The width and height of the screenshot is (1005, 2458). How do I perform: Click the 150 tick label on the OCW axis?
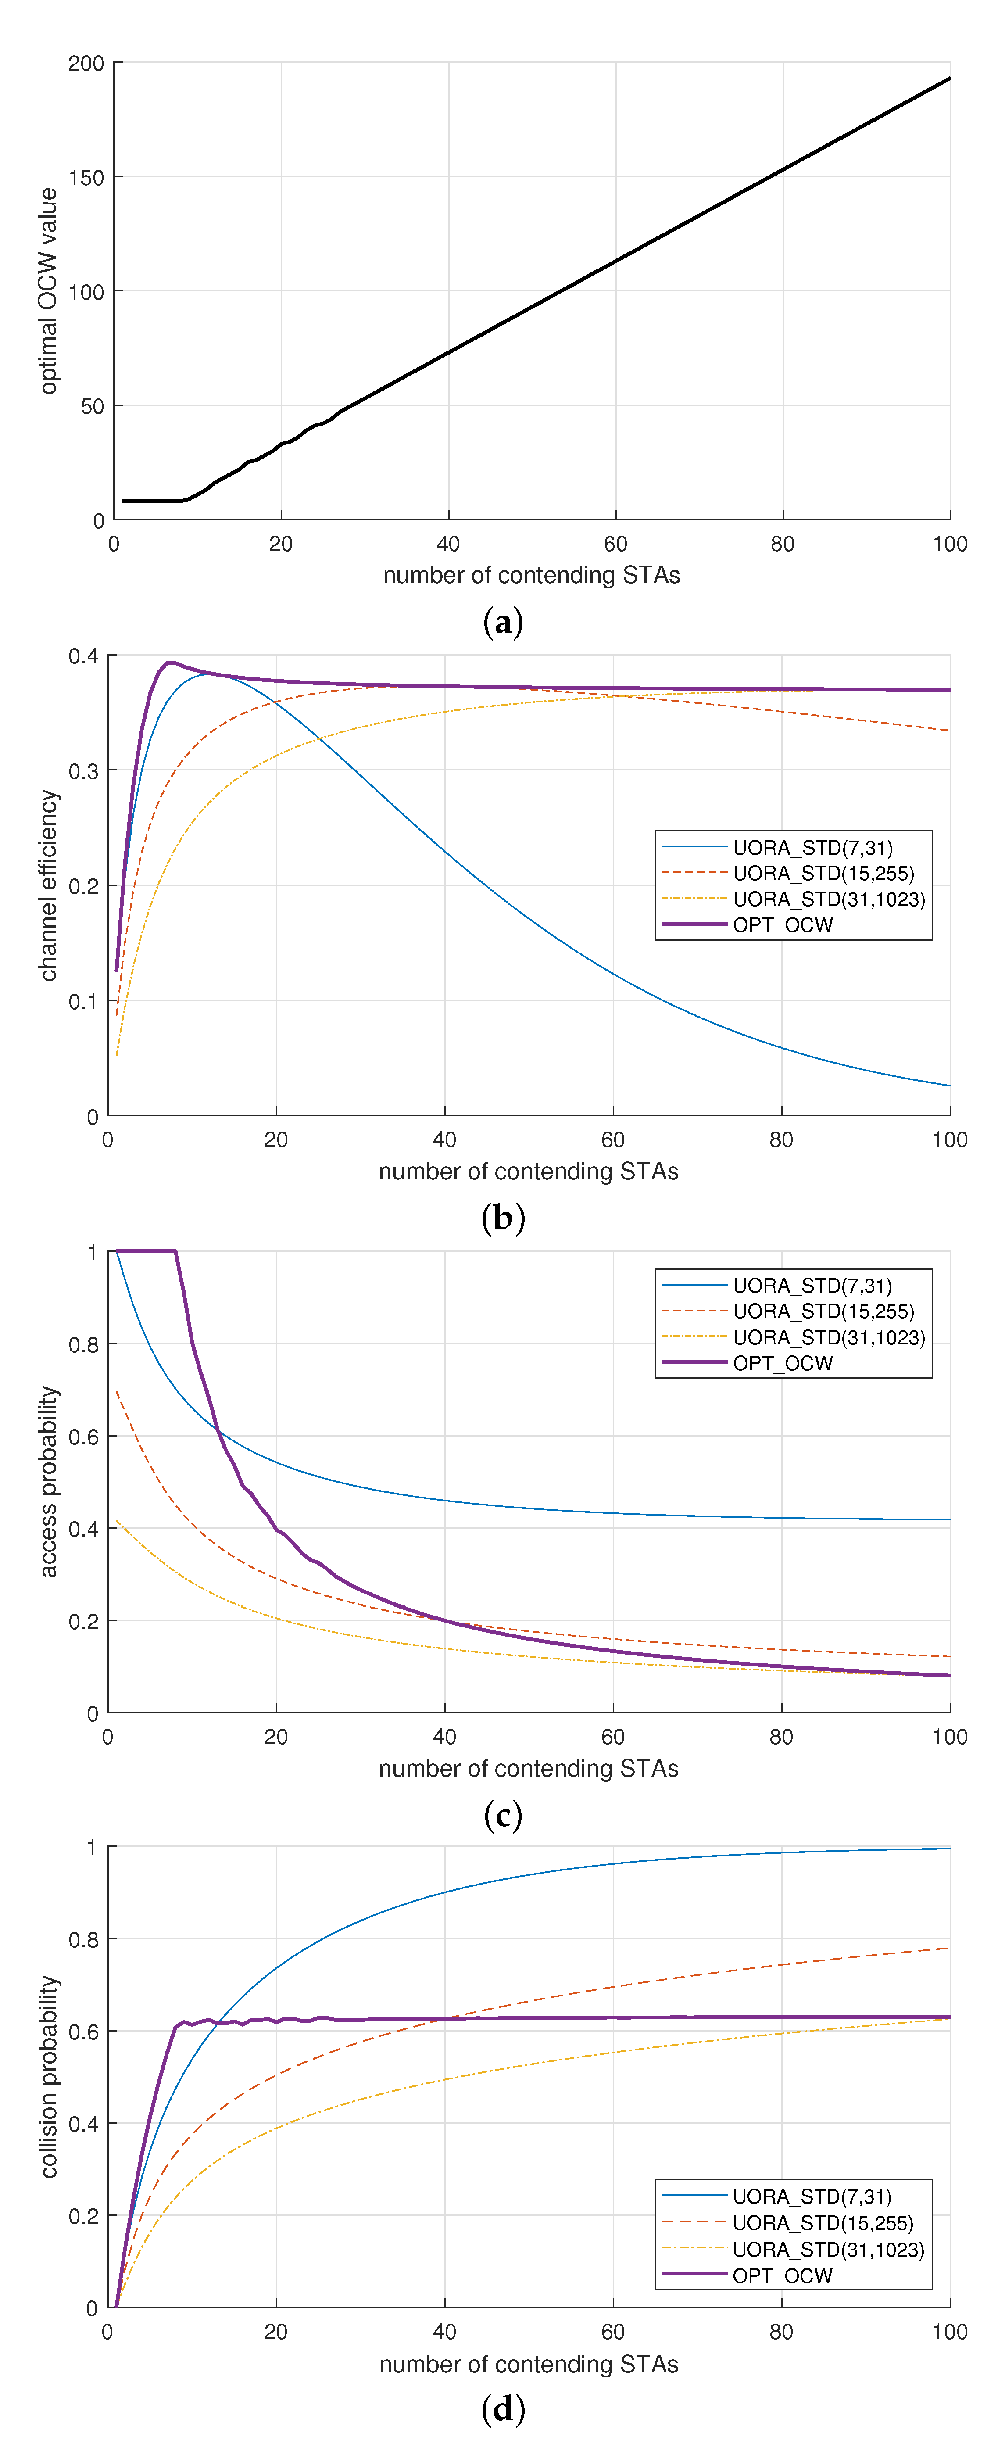pyautogui.click(x=86, y=177)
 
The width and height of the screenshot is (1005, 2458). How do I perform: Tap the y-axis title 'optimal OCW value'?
pyautogui.click(x=48, y=291)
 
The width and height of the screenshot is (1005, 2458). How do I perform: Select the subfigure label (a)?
pyautogui.click(x=503, y=622)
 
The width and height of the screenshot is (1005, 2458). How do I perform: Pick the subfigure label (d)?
pyautogui.click(x=503, y=2409)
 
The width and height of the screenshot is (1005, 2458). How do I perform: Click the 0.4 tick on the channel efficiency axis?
pyautogui.click(x=83, y=656)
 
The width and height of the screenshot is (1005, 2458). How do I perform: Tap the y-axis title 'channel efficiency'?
pyautogui.click(x=48, y=885)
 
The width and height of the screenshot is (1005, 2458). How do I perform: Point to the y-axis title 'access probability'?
pyautogui.click(x=48, y=1482)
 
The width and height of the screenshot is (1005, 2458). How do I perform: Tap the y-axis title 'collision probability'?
pyautogui.click(x=48, y=2077)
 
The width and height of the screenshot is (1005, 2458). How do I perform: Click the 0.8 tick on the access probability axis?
pyautogui.click(x=83, y=1344)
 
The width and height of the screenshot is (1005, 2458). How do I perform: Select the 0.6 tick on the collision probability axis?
pyautogui.click(x=83, y=2032)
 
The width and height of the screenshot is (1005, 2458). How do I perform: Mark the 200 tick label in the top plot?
pyautogui.click(x=86, y=63)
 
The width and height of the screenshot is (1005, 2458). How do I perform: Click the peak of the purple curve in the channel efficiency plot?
pyautogui.click(x=170, y=663)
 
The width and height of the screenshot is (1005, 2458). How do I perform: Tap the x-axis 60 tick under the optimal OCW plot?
pyautogui.click(x=615, y=544)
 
